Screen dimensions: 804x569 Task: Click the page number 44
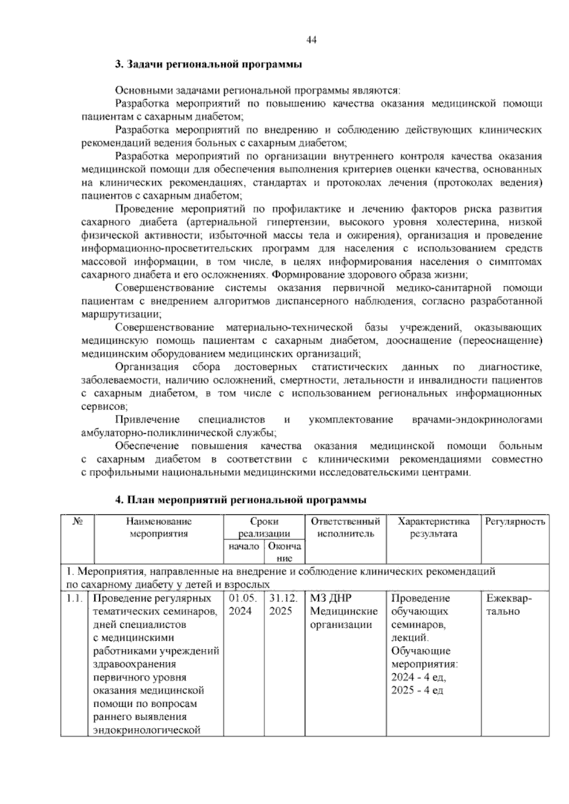click(x=312, y=40)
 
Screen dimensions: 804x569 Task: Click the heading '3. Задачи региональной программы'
click(x=209, y=64)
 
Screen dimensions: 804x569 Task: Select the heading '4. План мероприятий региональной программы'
click(x=241, y=500)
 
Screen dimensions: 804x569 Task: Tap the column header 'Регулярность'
click(x=515, y=522)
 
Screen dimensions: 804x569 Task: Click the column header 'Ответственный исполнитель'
click(x=345, y=528)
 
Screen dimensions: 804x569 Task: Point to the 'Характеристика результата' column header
click(x=433, y=528)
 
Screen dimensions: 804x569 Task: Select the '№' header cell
click(x=78, y=522)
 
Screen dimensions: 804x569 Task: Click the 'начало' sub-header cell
click(x=244, y=547)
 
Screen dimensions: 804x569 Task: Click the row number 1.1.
click(x=75, y=599)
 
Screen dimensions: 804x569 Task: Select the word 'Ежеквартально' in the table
click(x=509, y=605)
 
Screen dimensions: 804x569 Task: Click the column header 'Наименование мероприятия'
click(x=159, y=528)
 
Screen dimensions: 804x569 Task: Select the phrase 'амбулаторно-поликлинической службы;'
click(x=179, y=433)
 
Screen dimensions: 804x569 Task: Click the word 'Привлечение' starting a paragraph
click(x=147, y=420)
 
